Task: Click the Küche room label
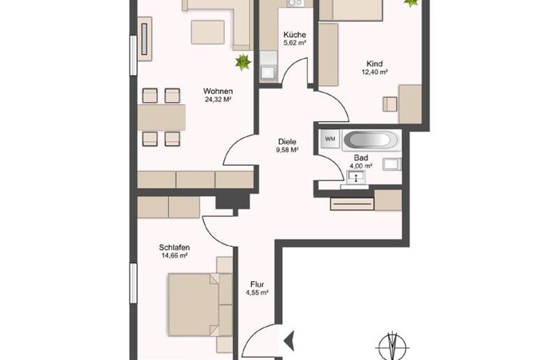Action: point(295,35)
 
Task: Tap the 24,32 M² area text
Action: point(218,100)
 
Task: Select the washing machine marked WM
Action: point(330,139)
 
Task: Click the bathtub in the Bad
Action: point(371,139)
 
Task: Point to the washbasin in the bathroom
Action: point(356,177)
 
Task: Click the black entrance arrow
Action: point(289,340)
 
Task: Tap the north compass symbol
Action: point(393,346)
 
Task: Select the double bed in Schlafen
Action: point(200,304)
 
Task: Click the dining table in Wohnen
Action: point(162,117)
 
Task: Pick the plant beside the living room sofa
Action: point(243,62)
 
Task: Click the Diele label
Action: point(287,142)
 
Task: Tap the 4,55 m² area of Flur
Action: point(257,293)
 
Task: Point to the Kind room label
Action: point(375,64)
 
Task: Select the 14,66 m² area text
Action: point(175,256)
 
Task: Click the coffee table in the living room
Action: point(208,33)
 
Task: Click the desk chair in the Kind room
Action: point(390,104)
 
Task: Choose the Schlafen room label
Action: point(175,247)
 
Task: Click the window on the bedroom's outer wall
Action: point(133,284)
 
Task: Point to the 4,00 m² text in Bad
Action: point(361,166)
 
